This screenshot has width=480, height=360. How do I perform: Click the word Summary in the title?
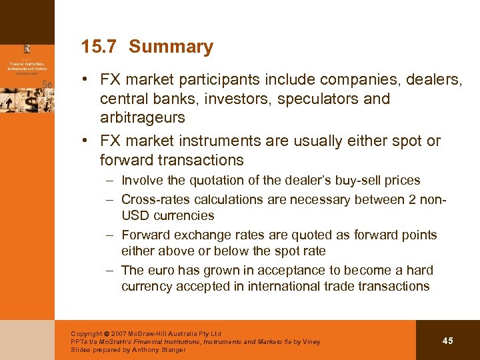click(171, 47)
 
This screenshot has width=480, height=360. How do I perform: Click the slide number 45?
click(447, 341)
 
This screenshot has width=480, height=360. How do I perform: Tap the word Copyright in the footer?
click(87, 334)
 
